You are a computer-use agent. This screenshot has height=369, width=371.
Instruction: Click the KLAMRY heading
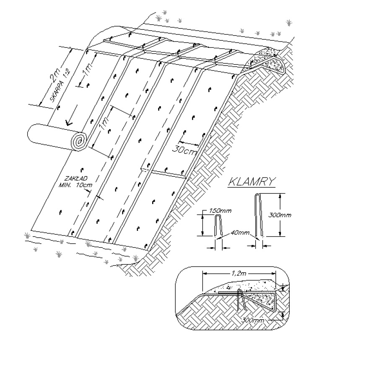(252, 182)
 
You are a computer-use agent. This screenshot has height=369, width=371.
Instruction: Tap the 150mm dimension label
(220, 210)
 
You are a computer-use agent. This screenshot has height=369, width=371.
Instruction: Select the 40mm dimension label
(240, 233)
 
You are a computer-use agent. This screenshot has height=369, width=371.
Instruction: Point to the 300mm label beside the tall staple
(280, 215)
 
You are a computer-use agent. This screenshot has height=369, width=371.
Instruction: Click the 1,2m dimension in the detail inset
(239, 273)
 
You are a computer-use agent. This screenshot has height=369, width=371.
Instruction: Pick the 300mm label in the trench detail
(253, 320)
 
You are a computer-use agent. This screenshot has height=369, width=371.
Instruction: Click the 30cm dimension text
(184, 150)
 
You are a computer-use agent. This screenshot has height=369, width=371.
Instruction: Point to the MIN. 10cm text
(75, 185)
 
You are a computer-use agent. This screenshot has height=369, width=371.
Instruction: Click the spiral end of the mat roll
(79, 141)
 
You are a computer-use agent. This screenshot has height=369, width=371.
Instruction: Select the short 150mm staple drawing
(218, 225)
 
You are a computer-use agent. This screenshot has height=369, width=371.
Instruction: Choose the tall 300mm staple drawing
(259, 215)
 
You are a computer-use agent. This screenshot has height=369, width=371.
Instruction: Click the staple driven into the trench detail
(241, 300)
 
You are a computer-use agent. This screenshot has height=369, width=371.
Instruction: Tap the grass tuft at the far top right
(289, 23)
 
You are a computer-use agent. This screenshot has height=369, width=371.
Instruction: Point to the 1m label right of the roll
(104, 123)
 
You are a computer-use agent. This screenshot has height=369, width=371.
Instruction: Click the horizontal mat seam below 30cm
(163, 173)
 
